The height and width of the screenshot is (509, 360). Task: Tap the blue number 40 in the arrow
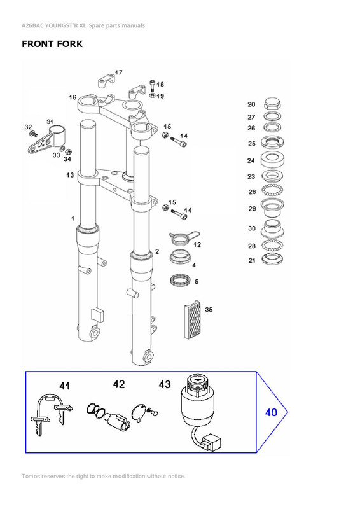pos(271,412)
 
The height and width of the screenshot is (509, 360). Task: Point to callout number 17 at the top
pos(119,72)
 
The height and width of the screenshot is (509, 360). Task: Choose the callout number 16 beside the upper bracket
pos(73,97)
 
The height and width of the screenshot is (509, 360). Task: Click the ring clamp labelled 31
pos(56,135)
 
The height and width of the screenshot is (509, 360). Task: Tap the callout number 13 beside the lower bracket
pos(70,175)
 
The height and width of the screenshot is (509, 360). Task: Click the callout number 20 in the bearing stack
pos(251,104)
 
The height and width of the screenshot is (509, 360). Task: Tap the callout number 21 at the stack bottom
pos(251,260)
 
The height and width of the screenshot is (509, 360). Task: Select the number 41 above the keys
pos(64,386)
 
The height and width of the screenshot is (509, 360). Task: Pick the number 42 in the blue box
pos(119,384)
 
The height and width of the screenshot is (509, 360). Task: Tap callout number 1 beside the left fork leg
pos(73,218)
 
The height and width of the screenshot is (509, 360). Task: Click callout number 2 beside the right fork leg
pos(157,252)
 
